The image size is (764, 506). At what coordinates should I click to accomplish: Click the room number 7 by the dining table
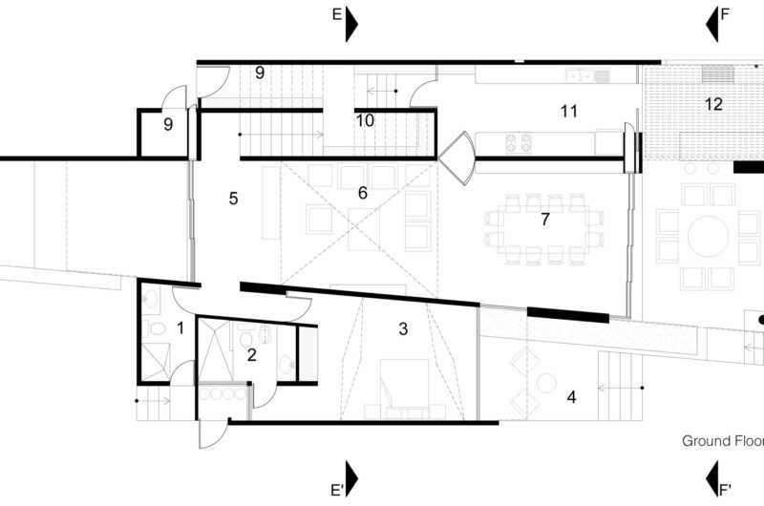(544, 220)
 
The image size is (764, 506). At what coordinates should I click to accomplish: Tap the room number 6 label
(362, 193)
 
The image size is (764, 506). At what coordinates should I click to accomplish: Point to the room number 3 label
(403, 329)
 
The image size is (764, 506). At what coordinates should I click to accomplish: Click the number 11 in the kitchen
(569, 112)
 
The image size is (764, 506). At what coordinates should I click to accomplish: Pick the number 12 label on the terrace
(713, 104)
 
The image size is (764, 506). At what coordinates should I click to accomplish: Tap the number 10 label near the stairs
(365, 120)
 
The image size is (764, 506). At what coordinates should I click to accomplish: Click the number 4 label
(572, 395)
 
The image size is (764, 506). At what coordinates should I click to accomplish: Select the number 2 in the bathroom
(251, 355)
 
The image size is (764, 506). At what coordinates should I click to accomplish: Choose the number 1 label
(180, 328)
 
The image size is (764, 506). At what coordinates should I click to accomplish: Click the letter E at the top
(336, 15)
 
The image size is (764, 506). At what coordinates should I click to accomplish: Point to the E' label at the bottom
(337, 491)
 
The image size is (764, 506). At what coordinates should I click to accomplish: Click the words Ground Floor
(722, 441)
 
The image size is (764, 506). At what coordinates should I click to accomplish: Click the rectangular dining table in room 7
(544, 229)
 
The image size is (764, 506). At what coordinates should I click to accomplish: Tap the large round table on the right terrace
(709, 237)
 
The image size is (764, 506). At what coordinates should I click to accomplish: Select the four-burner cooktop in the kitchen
(519, 143)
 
